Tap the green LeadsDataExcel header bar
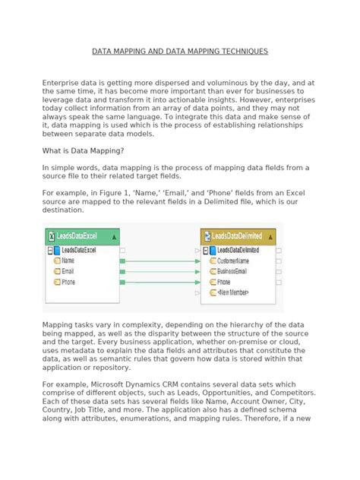click(81, 237)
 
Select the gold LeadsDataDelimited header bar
click(238, 237)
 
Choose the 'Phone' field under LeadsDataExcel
click(69, 282)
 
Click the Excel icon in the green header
click(52, 237)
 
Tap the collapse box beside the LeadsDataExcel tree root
click(50, 250)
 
